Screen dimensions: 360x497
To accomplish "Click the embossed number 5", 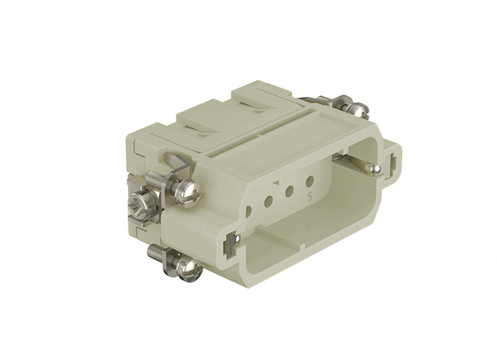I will (309, 198).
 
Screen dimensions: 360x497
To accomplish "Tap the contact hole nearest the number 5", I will (310, 180).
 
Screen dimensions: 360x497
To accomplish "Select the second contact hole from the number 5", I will (289, 190).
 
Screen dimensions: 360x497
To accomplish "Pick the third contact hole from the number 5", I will (268, 200).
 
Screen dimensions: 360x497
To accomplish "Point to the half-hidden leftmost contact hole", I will (248, 210).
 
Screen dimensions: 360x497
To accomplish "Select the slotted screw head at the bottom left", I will (189, 268).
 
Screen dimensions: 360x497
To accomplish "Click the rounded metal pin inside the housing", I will (373, 170).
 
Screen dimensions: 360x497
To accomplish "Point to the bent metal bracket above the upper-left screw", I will (176, 164).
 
